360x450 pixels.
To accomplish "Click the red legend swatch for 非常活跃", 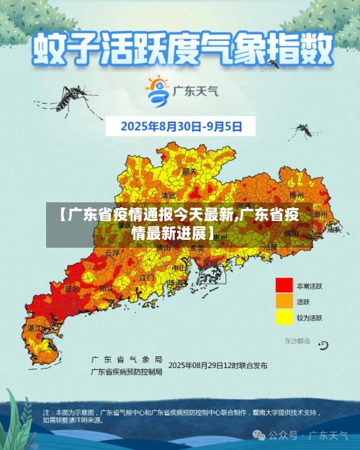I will click(284, 286).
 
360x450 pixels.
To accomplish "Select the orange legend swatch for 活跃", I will click(284, 302).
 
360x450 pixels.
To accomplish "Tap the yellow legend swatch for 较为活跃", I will click(284, 317).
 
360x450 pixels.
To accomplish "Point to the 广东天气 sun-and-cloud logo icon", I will click(157, 90).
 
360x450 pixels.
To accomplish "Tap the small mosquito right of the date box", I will click(304, 130).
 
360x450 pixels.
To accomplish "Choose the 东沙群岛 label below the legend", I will click(297, 341).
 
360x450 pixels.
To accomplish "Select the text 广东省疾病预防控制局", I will click(127, 372).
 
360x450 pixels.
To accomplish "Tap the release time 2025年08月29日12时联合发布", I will click(218, 365).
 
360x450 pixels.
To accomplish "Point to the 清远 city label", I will click(168, 195).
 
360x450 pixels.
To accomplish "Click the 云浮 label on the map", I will click(112, 253).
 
